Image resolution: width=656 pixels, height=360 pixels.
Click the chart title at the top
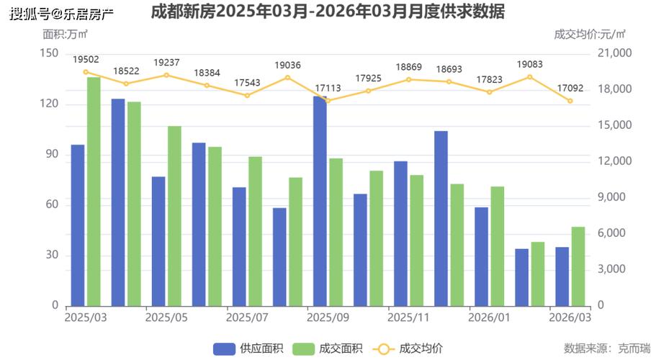point(328,12)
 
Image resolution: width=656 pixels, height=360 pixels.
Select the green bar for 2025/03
point(94,191)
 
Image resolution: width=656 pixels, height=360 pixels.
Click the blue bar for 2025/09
point(320,201)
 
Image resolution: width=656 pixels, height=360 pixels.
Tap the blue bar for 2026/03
point(562,276)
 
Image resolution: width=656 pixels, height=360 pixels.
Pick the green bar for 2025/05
point(174,216)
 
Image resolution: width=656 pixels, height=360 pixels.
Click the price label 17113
point(328,89)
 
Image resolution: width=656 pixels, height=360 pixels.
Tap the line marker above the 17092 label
point(570,101)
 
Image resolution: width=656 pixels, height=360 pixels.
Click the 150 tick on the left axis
point(49,53)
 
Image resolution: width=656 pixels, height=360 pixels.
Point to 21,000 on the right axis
point(614,53)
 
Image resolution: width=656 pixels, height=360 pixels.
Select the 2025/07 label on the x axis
point(246,317)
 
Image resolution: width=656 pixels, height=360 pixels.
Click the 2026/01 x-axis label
point(488,317)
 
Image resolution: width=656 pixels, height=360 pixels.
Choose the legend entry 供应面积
point(249,348)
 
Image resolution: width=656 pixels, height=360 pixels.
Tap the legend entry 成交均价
point(410,348)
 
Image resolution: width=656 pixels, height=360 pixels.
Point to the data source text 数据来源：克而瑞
point(606,348)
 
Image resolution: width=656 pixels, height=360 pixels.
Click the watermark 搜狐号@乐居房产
point(62,13)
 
